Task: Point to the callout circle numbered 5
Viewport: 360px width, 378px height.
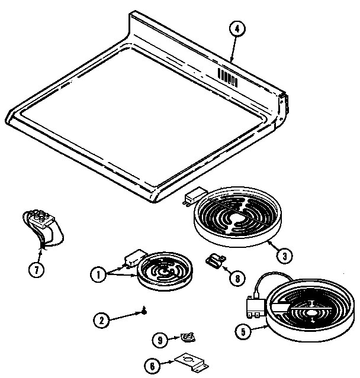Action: [x=240, y=332]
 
